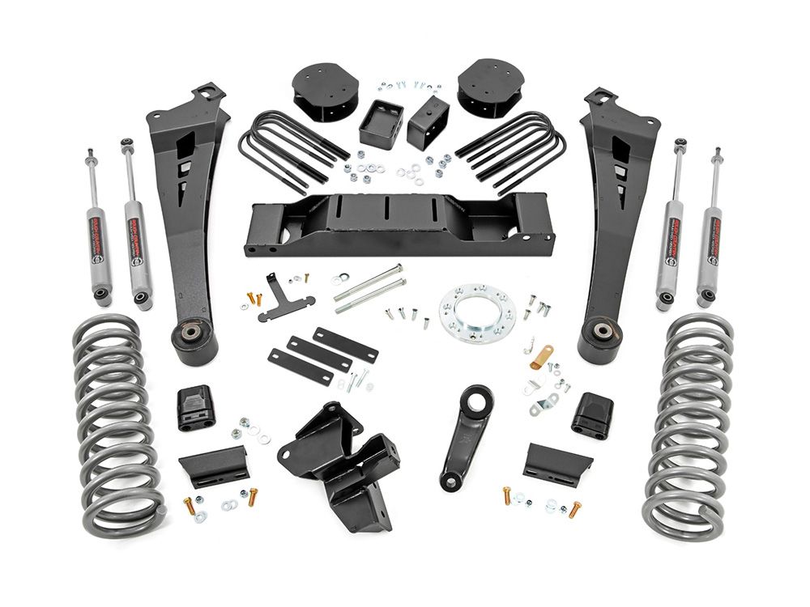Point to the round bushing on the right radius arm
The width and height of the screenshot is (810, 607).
tap(605, 333)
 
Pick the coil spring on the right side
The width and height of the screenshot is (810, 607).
tap(691, 425)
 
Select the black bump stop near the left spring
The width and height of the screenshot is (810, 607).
tap(196, 408)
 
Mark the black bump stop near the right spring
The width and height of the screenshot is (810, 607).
tap(591, 414)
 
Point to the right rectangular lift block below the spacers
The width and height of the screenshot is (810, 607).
tap(429, 121)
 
